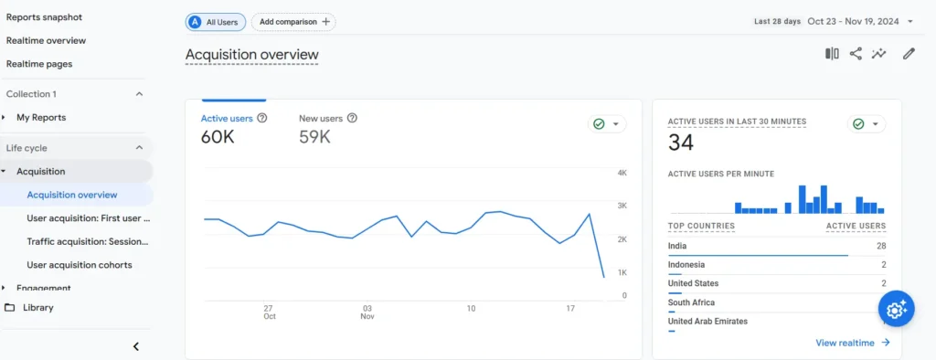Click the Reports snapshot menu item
[x=44, y=16]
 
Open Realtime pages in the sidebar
[x=39, y=64]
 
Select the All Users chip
[x=216, y=21]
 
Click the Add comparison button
[x=292, y=21]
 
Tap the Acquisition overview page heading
[x=251, y=55]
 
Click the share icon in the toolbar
[x=856, y=54]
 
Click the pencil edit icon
[x=909, y=54]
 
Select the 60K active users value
[x=218, y=137]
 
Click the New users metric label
[x=321, y=118]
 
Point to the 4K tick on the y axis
[x=622, y=173]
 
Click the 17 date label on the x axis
[x=570, y=309]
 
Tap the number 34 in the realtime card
[x=681, y=143]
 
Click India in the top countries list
[x=677, y=246]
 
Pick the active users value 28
[x=881, y=246]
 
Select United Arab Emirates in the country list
[x=707, y=322]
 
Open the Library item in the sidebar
[x=37, y=308]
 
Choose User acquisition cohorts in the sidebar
[x=80, y=265]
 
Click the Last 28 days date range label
[x=777, y=21]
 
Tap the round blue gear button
[x=896, y=310]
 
